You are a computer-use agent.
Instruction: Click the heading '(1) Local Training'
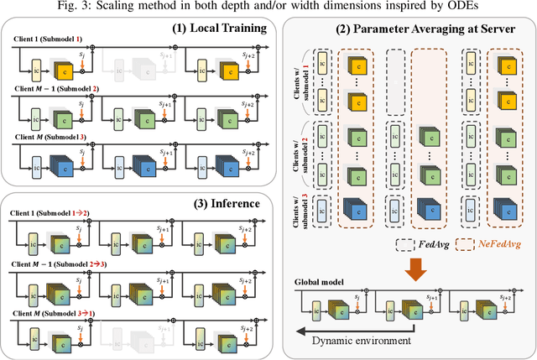click(219, 28)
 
